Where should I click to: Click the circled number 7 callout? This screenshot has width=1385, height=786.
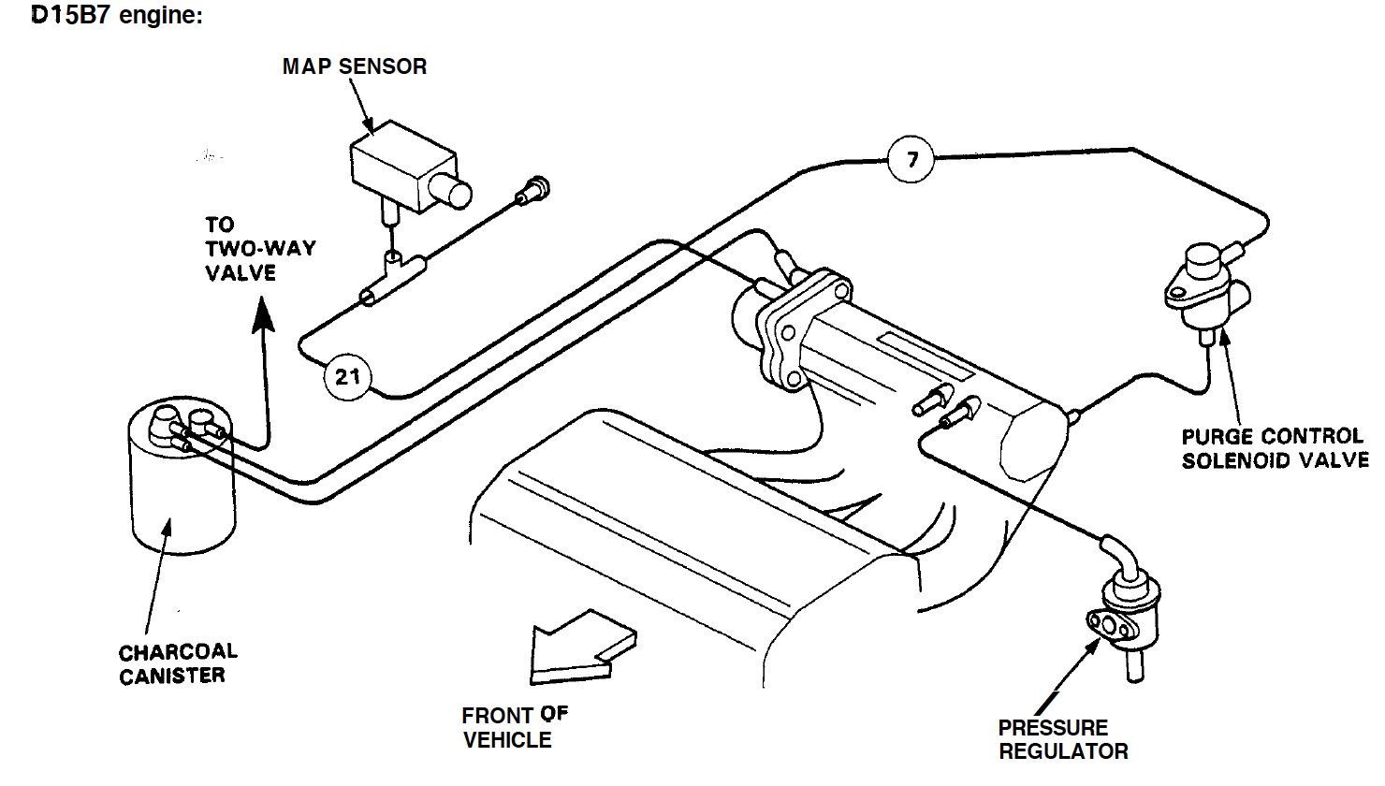(x=912, y=159)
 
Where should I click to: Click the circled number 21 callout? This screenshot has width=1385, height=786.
(x=347, y=377)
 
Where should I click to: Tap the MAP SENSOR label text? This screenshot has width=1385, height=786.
(x=355, y=66)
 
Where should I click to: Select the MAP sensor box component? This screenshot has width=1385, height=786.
(x=398, y=167)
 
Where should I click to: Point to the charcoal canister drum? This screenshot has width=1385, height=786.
(x=180, y=487)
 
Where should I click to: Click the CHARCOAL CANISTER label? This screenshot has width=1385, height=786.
(x=178, y=662)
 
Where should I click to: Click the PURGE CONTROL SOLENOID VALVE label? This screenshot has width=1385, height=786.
(x=1274, y=448)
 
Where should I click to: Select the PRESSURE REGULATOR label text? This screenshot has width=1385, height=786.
(x=1062, y=738)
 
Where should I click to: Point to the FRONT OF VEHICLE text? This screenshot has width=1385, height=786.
(x=514, y=727)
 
